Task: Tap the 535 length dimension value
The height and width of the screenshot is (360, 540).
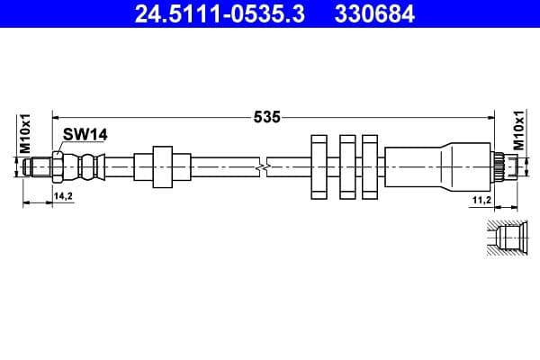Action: (x=267, y=116)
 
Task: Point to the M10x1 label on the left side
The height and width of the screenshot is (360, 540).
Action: (x=26, y=132)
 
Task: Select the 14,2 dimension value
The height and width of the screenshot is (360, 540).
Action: (x=63, y=195)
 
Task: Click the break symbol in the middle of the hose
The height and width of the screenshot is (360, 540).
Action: (x=262, y=166)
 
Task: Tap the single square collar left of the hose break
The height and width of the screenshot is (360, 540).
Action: (x=162, y=166)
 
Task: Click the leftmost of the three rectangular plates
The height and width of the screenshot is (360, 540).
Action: (x=320, y=166)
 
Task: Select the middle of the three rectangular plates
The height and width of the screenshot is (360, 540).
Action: (x=347, y=166)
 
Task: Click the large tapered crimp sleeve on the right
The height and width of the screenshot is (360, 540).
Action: (x=436, y=166)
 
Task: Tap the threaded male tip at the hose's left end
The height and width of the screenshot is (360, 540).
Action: (x=39, y=166)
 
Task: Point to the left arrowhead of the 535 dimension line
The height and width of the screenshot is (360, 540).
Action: (x=57, y=116)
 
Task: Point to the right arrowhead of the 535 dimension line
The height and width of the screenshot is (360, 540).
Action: (x=491, y=116)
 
